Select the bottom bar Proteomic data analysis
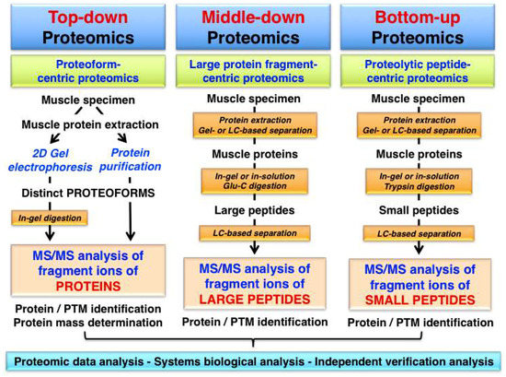tap(254, 360)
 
